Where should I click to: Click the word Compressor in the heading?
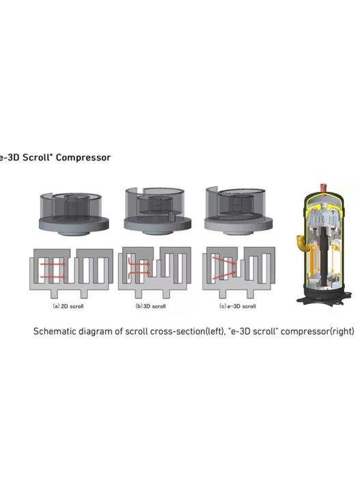83,158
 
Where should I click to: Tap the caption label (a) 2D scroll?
68,306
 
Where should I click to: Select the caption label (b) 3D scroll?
150,306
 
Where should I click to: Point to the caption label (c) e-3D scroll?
238,306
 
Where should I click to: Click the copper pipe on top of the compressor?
323,186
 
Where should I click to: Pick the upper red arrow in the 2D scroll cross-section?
53,264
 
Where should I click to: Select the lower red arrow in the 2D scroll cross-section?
53,277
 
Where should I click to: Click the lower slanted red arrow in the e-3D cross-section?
224,275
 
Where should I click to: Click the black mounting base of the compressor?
324,296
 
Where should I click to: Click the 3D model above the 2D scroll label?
74,214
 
